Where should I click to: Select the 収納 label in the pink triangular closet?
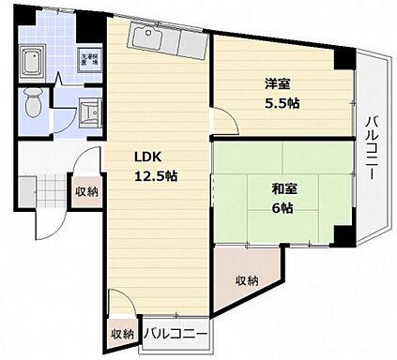247,279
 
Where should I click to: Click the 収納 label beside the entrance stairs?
85,191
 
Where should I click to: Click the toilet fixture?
33,101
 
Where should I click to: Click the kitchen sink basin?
149,38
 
